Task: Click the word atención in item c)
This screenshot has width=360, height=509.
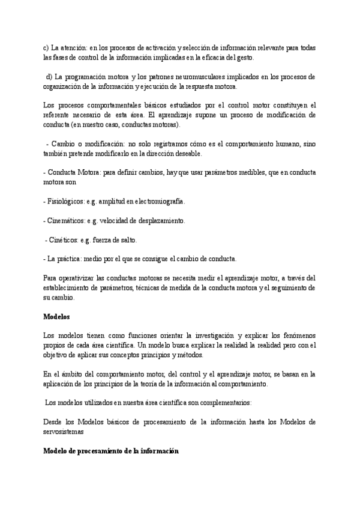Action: click(x=74, y=48)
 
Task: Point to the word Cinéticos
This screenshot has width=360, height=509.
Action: click(x=64, y=240)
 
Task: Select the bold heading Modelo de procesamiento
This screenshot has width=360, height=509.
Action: click(x=111, y=451)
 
